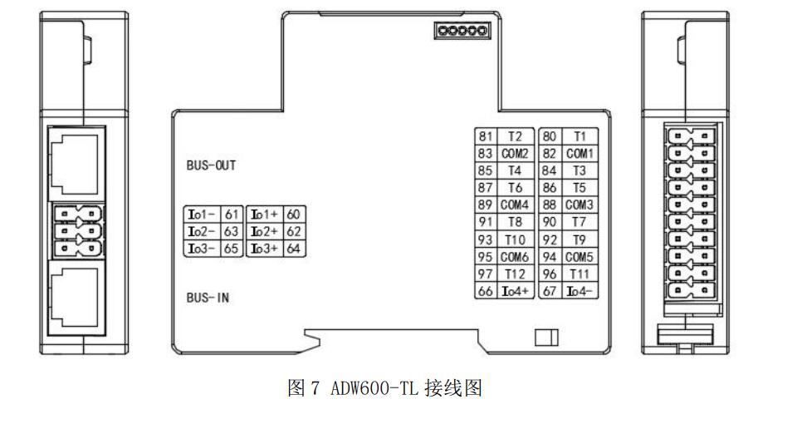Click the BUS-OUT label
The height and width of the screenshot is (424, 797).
click(x=211, y=165)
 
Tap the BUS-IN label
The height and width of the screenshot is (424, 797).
click(x=208, y=298)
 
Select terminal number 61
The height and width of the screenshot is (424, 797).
click(x=232, y=214)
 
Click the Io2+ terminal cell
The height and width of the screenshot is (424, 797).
click(x=264, y=232)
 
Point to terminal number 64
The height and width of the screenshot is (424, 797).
click(x=293, y=249)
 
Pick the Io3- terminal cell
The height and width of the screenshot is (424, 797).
click(x=202, y=249)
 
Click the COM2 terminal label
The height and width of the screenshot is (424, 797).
click(x=515, y=154)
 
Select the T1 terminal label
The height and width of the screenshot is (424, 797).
click(x=580, y=136)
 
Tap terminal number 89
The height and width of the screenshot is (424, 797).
click(x=486, y=205)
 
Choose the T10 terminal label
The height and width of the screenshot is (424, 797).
click(x=515, y=239)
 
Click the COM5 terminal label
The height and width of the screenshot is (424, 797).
click(x=579, y=257)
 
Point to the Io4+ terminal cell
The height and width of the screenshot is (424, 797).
click(x=516, y=292)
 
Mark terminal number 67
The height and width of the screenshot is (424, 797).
click(x=550, y=292)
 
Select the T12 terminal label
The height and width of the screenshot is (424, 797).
click(x=515, y=274)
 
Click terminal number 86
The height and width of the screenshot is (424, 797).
click(x=550, y=188)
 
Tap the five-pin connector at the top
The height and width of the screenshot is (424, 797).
click(x=462, y=31)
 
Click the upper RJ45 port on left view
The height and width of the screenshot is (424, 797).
click(x=76, y=164)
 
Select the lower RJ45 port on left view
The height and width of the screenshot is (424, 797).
click(x=76, y=298)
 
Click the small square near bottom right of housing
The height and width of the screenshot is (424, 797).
click(x=546, y=338)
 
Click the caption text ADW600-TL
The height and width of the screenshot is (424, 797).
click(x=374, y=389)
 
